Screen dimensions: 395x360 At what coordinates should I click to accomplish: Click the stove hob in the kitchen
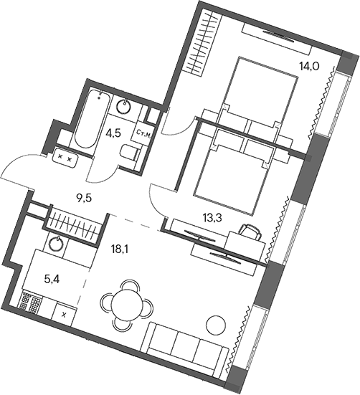[x=32, y=300]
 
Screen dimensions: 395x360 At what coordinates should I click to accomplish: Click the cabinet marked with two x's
[x=65, y=156]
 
